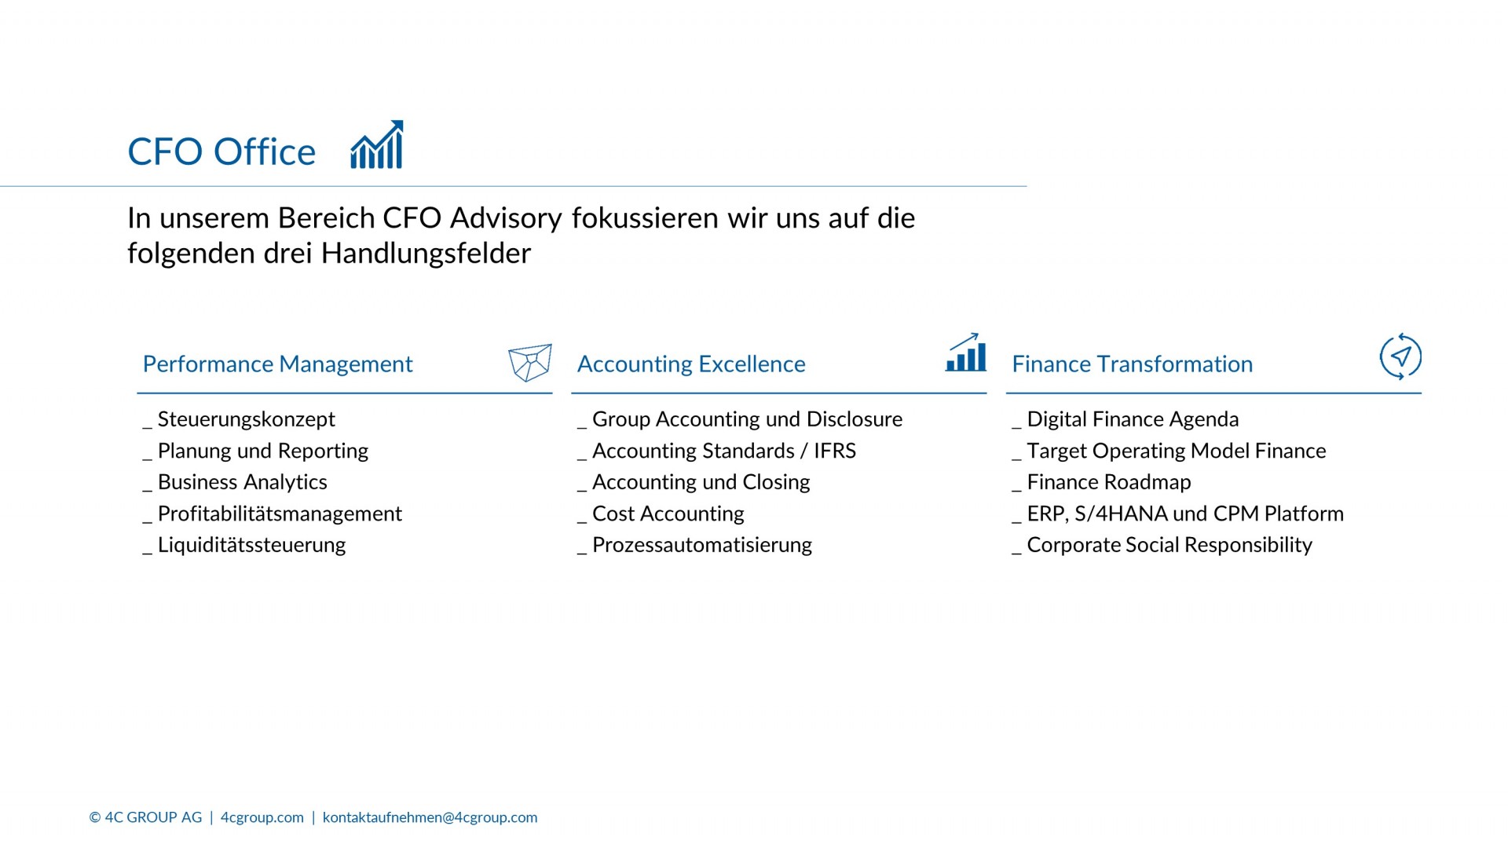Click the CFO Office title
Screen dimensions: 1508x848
(x=221, y=152)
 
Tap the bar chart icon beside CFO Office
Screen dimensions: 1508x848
(x=377, y=144)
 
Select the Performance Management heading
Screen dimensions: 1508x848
(x=277, y=364)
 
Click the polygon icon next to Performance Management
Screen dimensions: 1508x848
(x=530, y=362)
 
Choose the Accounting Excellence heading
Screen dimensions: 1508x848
(x=691, y=364)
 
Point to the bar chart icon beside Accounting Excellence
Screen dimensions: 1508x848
(x=966, y=352)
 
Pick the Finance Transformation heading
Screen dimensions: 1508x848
(x=1132, y=364)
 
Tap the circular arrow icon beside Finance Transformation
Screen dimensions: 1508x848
(x=1400, y=356)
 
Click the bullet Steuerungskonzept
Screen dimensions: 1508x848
(x=239, y=419)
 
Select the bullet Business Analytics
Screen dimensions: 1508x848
(x=235, y=482)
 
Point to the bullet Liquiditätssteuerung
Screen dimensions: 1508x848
(x=244, y=545)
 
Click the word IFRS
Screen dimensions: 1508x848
(x=835, y=451)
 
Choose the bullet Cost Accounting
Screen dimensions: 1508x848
(x=661, y=514)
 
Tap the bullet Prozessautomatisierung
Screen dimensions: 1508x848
(x=694, y=545)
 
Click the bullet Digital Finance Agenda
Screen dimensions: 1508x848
(x=1126, y=419)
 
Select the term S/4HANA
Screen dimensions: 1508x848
(x=1121, y=514)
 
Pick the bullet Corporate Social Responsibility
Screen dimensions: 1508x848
(x=1162, y=545)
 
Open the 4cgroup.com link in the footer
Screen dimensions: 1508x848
(x=262, y=817)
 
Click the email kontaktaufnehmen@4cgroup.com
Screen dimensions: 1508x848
(x=430, y=817)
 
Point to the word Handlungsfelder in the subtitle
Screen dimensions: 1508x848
(x=426, y=254)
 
